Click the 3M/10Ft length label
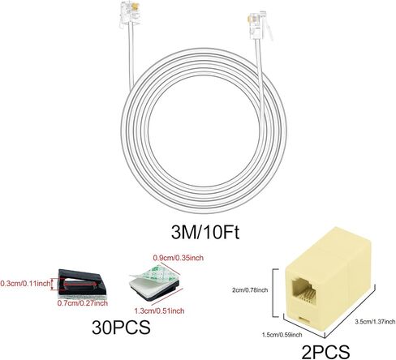click(x=205, y=232)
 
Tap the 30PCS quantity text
click(x=121, y=328)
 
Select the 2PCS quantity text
click(x=325, y=352)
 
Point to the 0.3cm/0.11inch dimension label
click(x=25, y=284)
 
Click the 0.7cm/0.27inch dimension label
click(x=83, y=303)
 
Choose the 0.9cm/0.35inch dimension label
click(x=179, y=258)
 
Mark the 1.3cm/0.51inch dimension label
click(x=159, y=311)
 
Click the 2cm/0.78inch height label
click(x=250, y=290)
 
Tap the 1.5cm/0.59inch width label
click(x=282, y=335)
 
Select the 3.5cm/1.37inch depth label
click(x=375, y=322)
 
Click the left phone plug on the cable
click(x=128, y=14)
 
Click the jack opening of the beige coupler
click(x=303, y=290)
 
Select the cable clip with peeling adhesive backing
click(x=154, y=283)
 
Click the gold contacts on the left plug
click(x=135, y=6)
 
